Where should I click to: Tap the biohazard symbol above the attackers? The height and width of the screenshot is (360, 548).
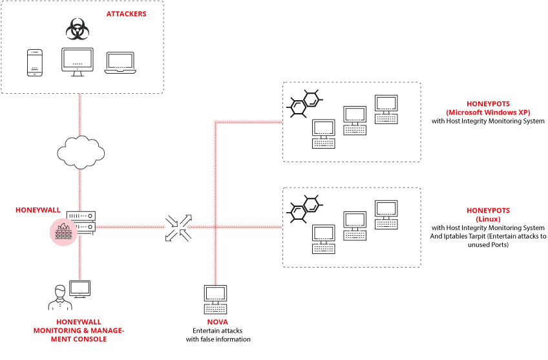pos(78,29)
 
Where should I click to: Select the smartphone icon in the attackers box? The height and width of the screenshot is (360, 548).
pos(35,63)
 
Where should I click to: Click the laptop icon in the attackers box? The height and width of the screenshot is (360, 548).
pos(120,61)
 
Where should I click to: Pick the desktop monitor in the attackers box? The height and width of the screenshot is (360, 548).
pos(78,61)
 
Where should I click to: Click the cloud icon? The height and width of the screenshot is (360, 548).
pos(81,151)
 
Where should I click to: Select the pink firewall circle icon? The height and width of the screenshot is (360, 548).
pos(63,231)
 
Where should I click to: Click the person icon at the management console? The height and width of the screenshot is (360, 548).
pos(59,297)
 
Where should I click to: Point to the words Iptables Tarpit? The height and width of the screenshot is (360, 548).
pos(474,237)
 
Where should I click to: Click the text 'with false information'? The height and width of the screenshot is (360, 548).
pos(218,339)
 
